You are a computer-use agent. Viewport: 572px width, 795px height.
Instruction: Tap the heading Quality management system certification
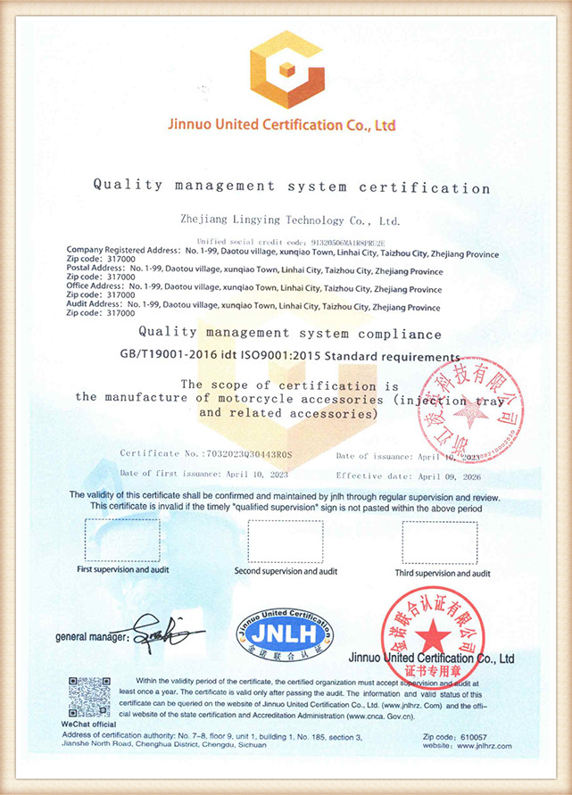coord(292,187)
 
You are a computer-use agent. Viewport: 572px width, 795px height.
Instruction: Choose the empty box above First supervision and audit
coord(122,539)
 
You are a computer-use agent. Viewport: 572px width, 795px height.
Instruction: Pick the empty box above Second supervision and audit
coord(285,541)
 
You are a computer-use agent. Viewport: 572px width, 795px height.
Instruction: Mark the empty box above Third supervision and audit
coord(440,541)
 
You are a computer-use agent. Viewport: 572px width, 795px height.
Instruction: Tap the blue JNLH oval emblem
coord(286,632)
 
